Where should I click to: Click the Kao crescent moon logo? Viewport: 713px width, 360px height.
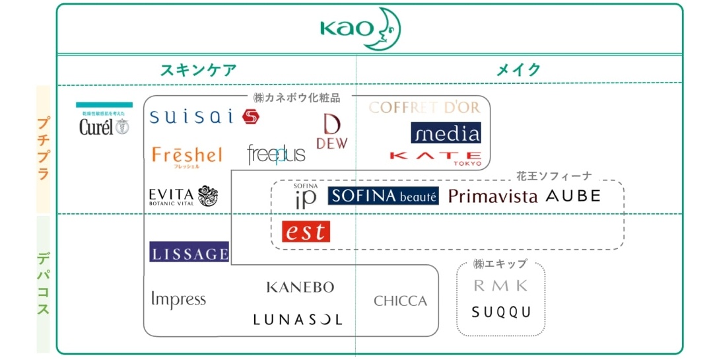tap(360, 28)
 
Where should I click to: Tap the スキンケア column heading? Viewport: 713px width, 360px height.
tap(198, 70)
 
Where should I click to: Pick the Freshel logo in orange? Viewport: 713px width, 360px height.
tap(187, 156)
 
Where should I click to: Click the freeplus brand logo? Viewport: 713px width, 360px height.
tap(277, 155)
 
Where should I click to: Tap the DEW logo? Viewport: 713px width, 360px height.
tap(331, 132)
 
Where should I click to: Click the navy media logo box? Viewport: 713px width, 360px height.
tap(446, 133)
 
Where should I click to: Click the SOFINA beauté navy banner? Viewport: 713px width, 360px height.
tap(383, 196)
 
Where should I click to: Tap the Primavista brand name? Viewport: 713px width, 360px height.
tap(492, 196)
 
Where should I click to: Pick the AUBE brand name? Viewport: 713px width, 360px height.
tap(573, 196)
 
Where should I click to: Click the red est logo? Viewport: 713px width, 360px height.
tap(306, 231)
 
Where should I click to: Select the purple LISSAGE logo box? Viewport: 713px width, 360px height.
tap(189, 252)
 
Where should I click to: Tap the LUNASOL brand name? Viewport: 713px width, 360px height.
tap(298, 320)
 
